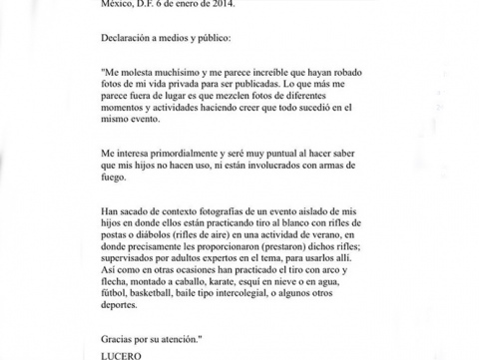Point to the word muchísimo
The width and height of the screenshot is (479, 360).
coord(184,76)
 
